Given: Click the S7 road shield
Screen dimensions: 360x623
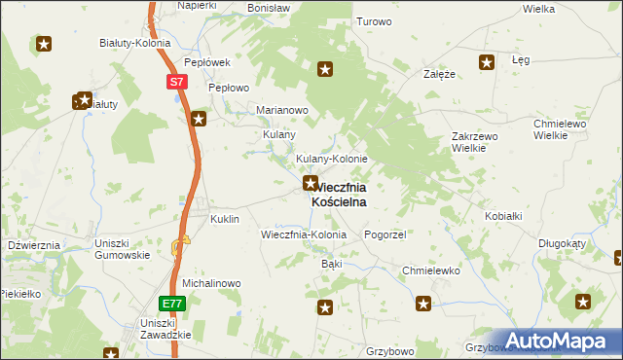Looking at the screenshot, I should click(175, 83).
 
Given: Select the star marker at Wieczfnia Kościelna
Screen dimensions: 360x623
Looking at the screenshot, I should click(311, 183).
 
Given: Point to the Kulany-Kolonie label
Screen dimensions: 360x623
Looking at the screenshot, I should click(331, 159).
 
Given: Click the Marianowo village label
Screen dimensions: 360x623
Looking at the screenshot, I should click(281, 110).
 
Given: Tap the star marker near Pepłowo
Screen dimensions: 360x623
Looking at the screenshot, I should click(199, 120).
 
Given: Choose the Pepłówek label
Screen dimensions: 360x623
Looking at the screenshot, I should click(206, 61).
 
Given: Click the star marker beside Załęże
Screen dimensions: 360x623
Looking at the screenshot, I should click(486, 62).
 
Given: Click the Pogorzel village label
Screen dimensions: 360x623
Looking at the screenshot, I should click(384, 235).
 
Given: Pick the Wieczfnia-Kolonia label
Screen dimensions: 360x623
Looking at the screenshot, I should click(304, 235).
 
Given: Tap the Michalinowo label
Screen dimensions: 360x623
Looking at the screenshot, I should click(211, 283).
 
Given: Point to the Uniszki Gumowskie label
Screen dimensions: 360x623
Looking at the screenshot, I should click(122, 248).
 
